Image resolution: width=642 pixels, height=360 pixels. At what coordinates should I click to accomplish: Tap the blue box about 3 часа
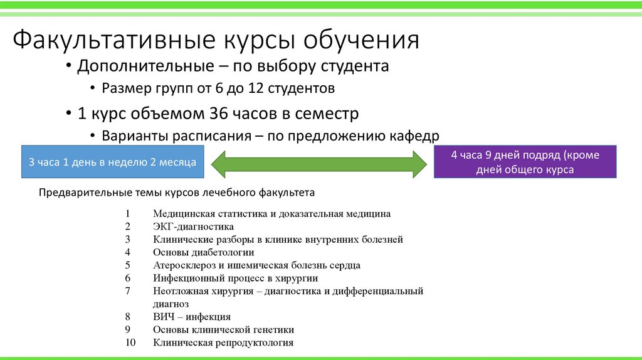click(112, 162)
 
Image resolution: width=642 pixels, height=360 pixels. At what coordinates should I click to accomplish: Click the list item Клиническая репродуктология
click(223, 342)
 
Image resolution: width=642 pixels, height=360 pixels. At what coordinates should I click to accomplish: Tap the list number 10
click(130, 342)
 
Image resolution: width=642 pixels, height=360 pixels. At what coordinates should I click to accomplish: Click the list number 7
click(127, 291)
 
